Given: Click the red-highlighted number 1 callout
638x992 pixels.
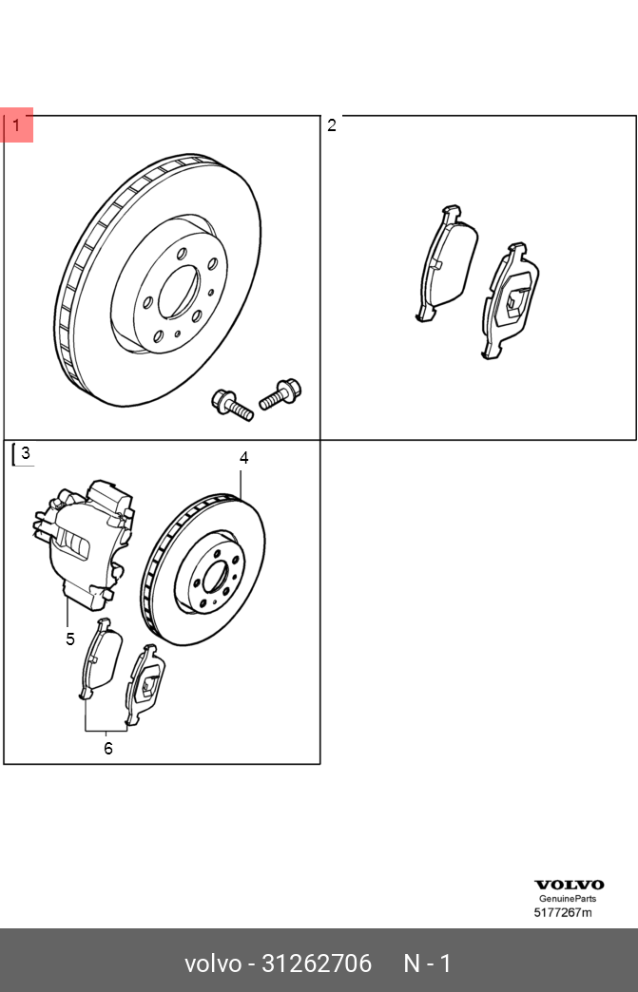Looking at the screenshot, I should tap(16, 125).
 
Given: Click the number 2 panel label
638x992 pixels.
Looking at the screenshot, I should tap(332, 125).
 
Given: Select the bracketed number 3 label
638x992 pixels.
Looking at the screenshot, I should tap(25, 454).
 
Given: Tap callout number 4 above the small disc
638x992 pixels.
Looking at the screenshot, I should tap(243, 458).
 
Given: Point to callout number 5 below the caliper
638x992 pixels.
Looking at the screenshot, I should tap(70, 639).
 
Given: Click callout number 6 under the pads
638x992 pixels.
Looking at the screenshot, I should tap(108, 748).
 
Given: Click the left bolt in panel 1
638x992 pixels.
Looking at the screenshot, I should tap(231, 404).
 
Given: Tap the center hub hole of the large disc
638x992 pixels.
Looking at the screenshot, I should tap(178, 292).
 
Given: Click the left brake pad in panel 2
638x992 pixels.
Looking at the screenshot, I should tap(447, 262).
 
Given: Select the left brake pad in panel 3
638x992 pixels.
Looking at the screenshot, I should tap(99, 658).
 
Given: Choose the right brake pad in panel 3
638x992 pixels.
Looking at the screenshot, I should tap(145, 683).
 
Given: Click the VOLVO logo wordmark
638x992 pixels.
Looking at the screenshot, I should tap(569, 885).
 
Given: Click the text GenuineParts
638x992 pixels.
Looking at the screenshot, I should tap(569, 899).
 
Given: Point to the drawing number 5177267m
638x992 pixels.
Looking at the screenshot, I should tap(562, 913).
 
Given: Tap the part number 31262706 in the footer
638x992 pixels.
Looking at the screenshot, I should tap(317, 963).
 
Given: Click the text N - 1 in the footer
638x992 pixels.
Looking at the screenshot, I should tap(427, 963).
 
